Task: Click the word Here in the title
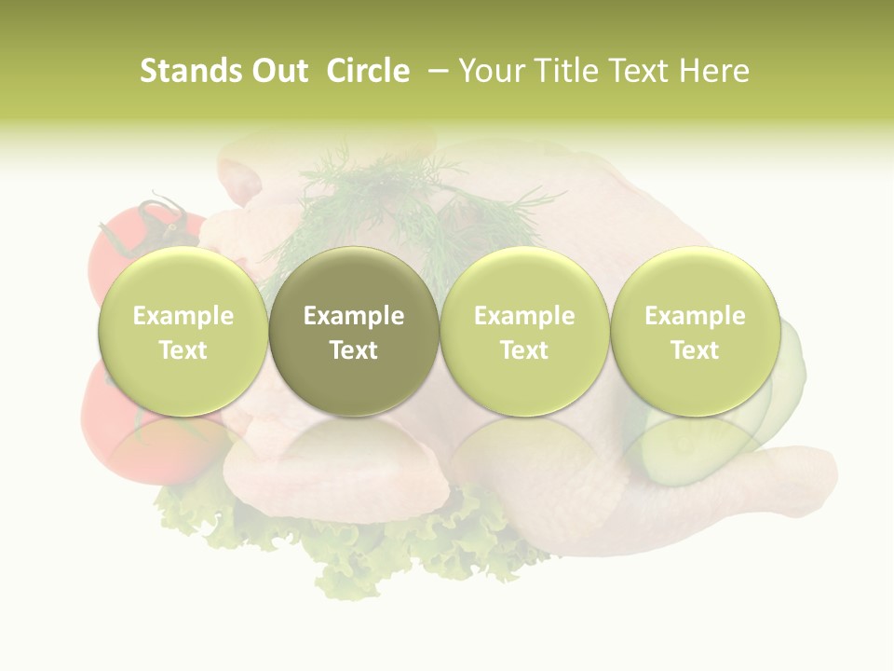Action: pos(712,71)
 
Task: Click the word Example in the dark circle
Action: pos(354,316)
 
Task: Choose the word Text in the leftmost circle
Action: pos(183,350)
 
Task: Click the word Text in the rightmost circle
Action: pos(695,350)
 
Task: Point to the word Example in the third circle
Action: pos(524,316)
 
